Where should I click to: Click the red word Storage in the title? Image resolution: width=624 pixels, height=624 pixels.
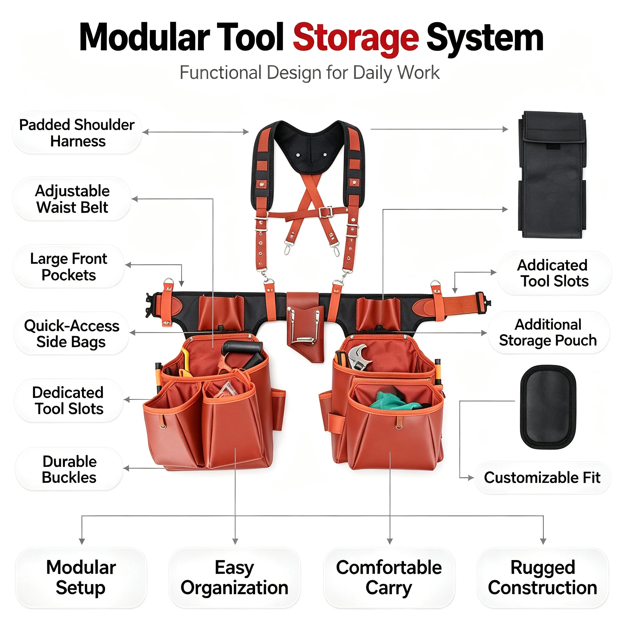(x=356, y=38)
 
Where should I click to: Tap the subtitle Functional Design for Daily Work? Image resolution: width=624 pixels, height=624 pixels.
(x=310, y=72)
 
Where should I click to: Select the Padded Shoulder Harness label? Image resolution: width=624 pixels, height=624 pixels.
(x=77, y=133)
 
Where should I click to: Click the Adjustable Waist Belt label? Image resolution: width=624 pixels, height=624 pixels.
(x=72, y=199)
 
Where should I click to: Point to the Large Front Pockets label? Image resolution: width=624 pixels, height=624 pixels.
(x=69, y=267)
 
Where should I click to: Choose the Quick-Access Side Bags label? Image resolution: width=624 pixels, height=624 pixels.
(x=71, y=333)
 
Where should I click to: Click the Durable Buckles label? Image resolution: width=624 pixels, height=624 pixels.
(x=69, y=469)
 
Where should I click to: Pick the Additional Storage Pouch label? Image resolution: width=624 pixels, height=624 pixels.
(x=548, y=332)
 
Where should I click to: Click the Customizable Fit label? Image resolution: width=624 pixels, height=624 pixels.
(x=542, y=477)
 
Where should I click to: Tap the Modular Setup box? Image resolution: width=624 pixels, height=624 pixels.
(x=81, y=577)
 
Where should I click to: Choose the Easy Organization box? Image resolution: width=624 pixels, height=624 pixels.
(x=235, y=577)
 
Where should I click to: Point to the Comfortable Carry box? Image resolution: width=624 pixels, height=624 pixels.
(x=389, y=577)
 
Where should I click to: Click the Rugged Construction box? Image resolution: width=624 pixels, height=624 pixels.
(x=543, y=577)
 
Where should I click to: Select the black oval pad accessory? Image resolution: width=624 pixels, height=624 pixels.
(x=548, y=407)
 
